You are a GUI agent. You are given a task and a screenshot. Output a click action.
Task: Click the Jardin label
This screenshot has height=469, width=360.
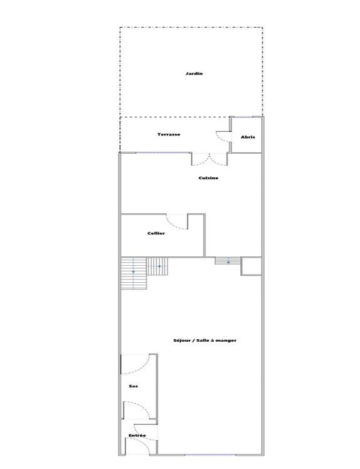point(194,73)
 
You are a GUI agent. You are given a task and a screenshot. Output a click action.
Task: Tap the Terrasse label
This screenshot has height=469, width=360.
point(169,134)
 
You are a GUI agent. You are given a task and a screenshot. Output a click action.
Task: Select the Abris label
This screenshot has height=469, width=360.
point(248,137)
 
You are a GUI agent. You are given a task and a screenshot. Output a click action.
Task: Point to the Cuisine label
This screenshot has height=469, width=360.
point(208,178)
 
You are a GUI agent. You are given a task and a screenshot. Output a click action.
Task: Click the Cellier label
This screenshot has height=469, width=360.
point(156,233)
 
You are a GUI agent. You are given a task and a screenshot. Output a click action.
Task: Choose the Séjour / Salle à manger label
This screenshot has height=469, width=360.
point(204,340)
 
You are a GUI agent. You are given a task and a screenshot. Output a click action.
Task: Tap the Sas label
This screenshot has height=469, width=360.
point(133,386)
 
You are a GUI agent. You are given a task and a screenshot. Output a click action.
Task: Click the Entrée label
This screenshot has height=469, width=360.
point(137,436)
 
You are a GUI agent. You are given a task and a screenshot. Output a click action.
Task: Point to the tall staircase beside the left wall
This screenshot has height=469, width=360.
point(134,273)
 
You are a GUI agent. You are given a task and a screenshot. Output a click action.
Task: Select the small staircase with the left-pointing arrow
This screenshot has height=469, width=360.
point(157,266)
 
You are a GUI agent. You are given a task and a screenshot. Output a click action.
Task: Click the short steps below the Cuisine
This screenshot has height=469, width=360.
point(228,261)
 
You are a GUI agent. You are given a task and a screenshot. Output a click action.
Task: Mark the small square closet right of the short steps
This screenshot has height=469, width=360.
point(251,266)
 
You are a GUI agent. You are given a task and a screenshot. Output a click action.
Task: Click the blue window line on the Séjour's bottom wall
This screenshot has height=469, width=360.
point(210,455)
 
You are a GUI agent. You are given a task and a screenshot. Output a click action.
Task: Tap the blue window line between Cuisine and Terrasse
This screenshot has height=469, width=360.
point(163,153)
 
